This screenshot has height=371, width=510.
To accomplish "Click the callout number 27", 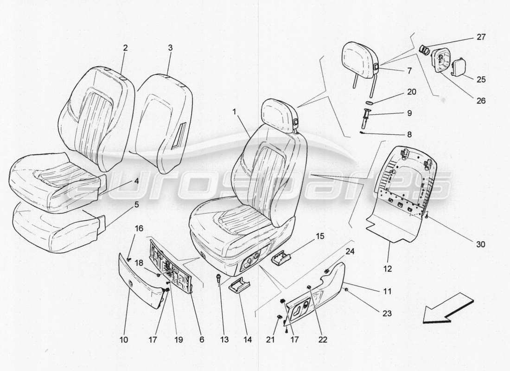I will tap(481, 37).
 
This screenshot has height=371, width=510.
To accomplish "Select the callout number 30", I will tap(481, 244).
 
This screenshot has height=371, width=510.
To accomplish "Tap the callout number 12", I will tap(388, 269).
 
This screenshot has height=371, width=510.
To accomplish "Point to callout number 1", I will tap(235, 112).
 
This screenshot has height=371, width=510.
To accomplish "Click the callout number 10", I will tap(124, 339).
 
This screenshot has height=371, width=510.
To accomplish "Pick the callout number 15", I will tap(320, 236).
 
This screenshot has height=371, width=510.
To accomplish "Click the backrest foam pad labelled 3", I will tap(162, 116).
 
